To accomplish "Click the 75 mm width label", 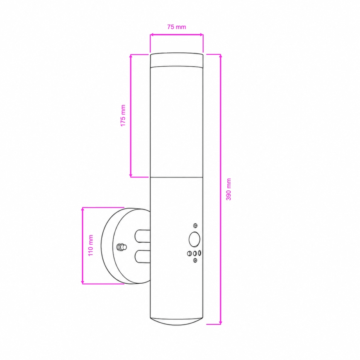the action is (177, 27).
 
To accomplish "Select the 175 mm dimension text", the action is (123, 115).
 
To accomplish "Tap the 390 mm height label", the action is (229, 189).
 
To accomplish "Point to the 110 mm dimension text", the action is (91, 245).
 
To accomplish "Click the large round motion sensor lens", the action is (194, 239).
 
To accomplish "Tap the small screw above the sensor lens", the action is (195, 226).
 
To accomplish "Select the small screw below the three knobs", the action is (195, 260).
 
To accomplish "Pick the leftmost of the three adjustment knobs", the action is (190, 253).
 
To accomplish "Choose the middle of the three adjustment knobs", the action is (195, 253).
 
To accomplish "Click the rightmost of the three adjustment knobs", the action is (199, 253).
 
